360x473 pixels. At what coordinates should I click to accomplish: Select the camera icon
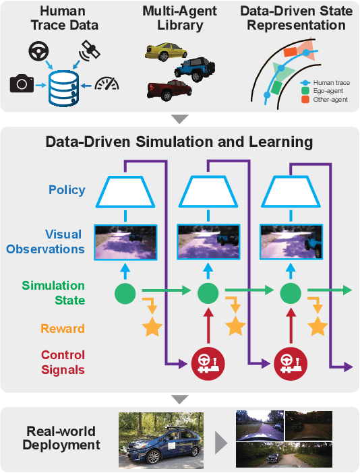point(22,84)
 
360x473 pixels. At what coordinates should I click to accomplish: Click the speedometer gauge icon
point(107,83)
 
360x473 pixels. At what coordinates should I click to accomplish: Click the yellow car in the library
point(165,53)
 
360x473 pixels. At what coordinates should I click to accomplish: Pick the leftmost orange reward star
point(152,327)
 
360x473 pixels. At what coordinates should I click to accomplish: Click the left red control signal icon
point(208,362)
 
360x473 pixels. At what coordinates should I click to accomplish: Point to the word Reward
point(63,329)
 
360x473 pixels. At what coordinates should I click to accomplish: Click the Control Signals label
point(63,362)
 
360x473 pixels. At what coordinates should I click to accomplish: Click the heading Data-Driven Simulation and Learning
point(179,142)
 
